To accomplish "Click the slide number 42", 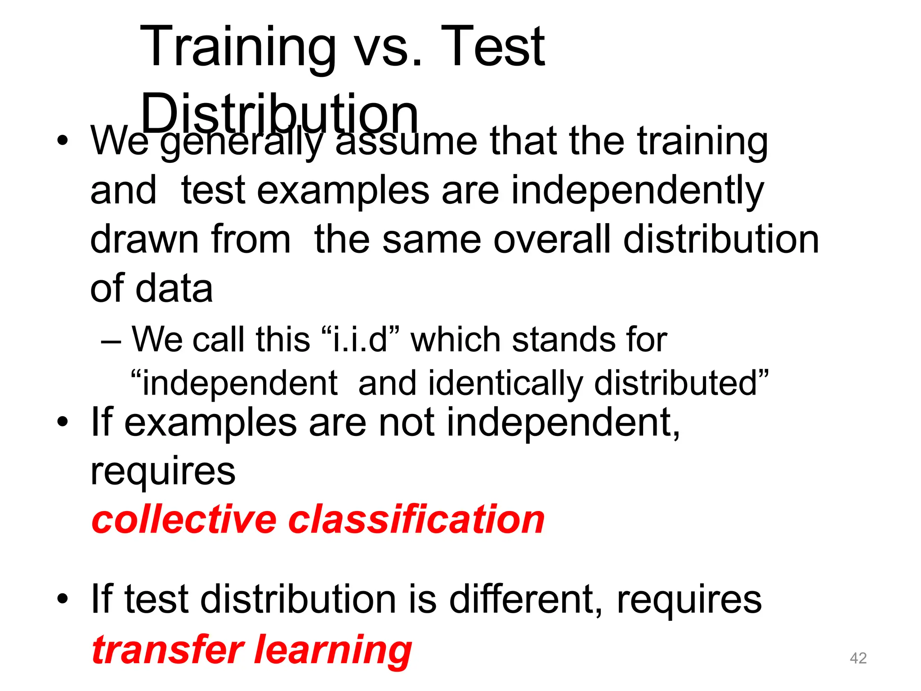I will click(858, 658).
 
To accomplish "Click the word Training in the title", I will click(238, 48).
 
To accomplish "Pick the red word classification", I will click(416, 520).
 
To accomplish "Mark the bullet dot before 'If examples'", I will click(63, 422).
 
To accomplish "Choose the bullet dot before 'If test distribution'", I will click(63, 599).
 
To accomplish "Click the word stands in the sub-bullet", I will click(559, 339).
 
